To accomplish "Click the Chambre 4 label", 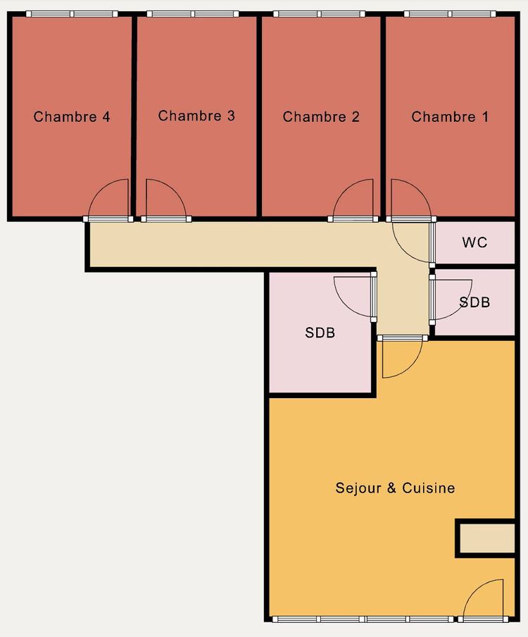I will [x=72, y=117].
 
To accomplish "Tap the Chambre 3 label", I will [x=196, y=116].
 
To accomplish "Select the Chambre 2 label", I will [x=321, y=117].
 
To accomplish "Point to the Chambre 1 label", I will [x=450, y=117].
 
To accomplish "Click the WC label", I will [x=474, y=242].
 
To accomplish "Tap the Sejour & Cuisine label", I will [x=395, y=488].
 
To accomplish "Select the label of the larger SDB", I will [x=320, y=333].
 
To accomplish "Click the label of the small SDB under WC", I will [x=474, y=302].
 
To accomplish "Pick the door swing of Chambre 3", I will [x=163, y=199].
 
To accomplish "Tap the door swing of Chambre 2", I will [x=354, y=199].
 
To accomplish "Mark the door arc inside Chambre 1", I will [x=407, y=199].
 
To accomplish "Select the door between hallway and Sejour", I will [x=400, y=357].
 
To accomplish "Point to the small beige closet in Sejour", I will [x=487, y=538].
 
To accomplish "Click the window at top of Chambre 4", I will [x=72, y=14].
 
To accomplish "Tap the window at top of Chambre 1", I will [x=450, y=14].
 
